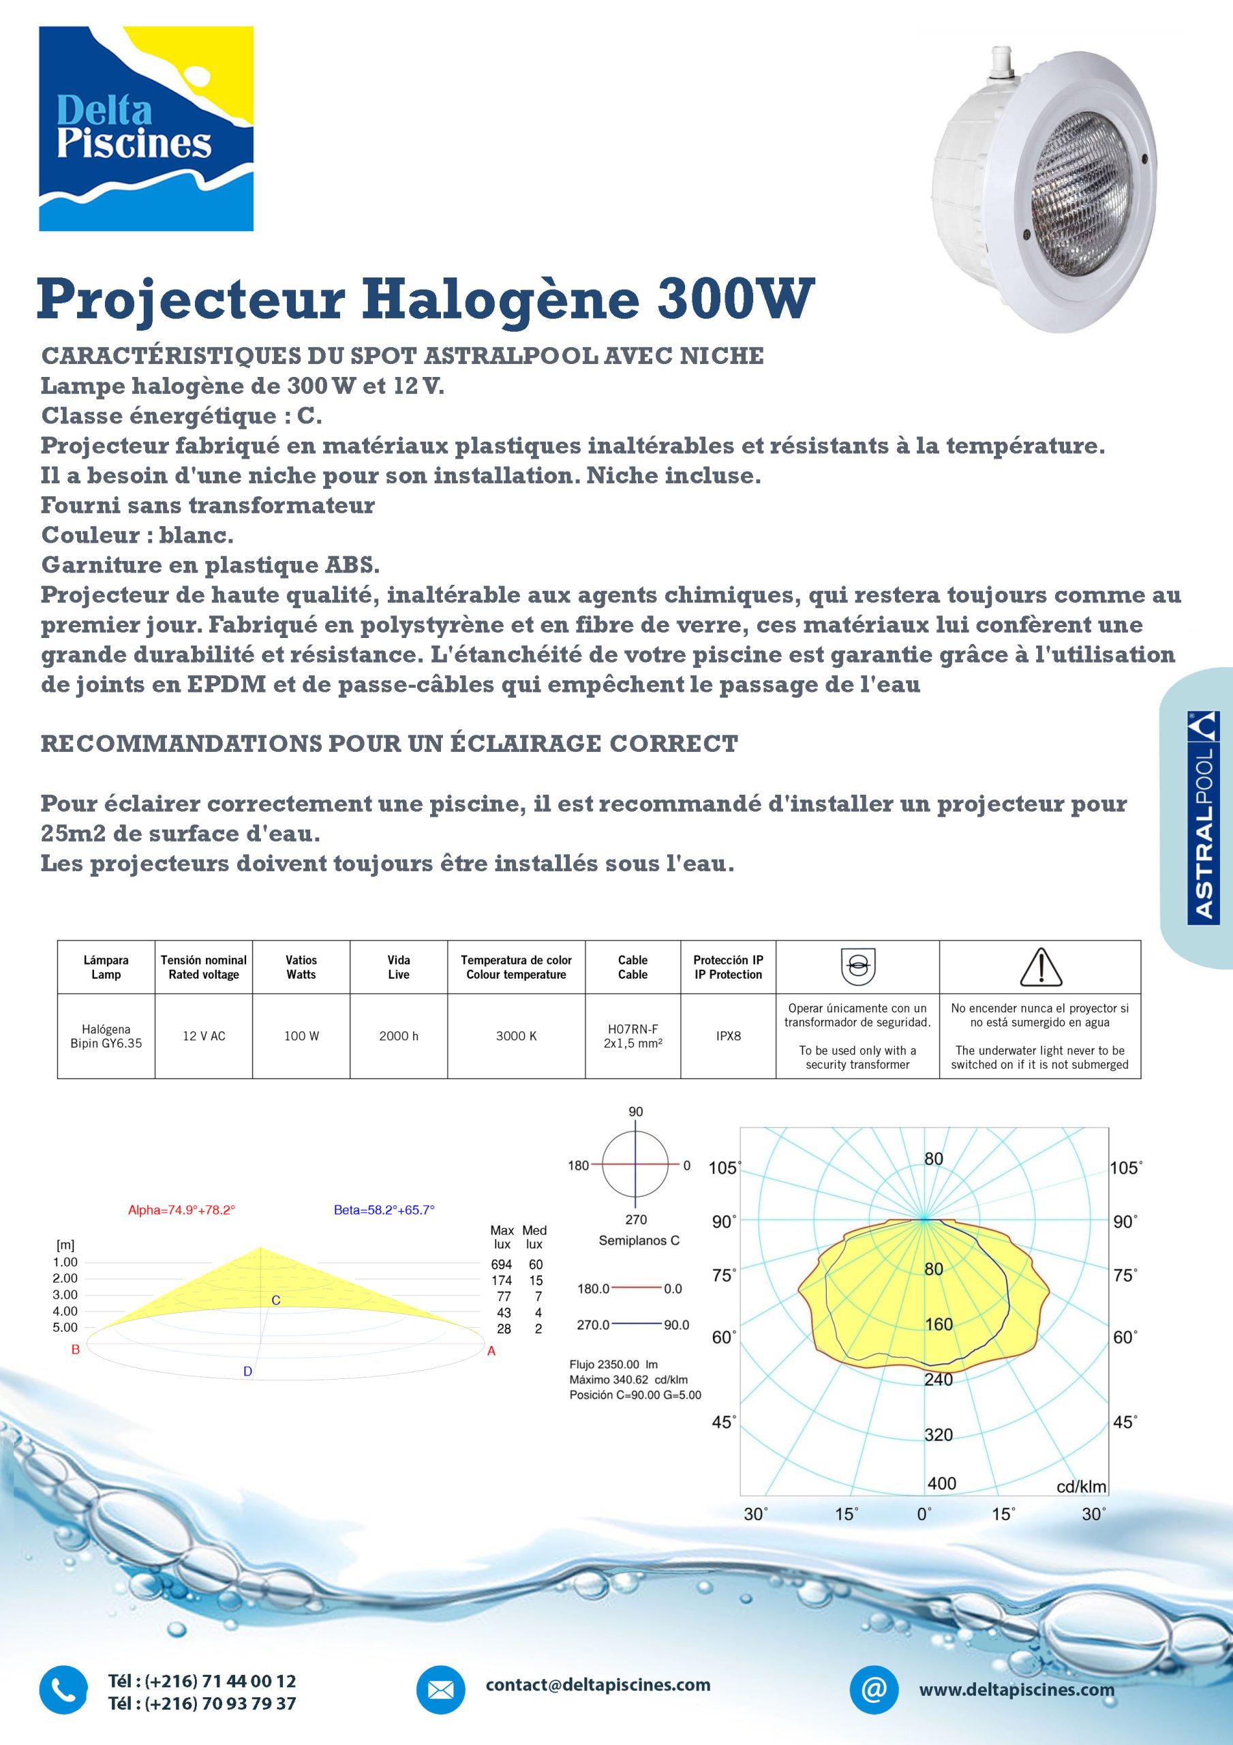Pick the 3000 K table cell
[x=516, y=1036]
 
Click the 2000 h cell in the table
[x=398, y=1036]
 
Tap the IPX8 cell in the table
[x=727, y=1036]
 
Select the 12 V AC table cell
[x=204, y=1036]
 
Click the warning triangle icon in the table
[x=1040, y=967]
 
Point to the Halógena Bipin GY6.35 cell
[x=106, y=1036]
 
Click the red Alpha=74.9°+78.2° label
[x=182, y=1210]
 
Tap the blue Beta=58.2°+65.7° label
[x=384, y=1210]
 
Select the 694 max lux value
[x=502, y=1264]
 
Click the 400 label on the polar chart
[x=941, y=1483]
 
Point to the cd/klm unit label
[x=1081, y=1486]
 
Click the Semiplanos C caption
[x=639, y=1241]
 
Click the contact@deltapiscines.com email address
[x=598, y=1685]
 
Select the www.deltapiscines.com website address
[x=1016, y=1690]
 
